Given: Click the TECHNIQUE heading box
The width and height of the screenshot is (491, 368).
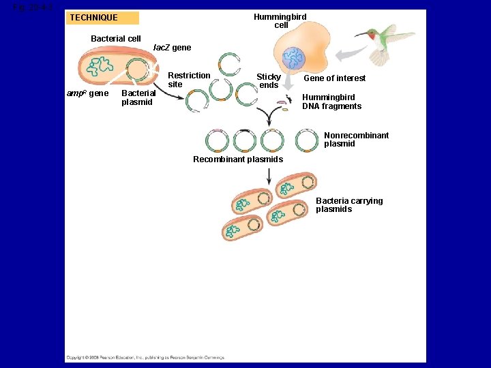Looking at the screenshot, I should [x=102, y=18].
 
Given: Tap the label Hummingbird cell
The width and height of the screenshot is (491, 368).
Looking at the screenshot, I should [x=280, y=21].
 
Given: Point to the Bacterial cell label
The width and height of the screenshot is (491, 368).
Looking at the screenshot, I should [x=116, y=39].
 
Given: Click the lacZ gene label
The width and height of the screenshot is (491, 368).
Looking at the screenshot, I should [x=172, y=48].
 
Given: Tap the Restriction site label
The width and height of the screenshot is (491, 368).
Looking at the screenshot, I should [x=189, y=80].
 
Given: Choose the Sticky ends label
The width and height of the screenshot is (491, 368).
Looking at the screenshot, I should [x=269, y=81].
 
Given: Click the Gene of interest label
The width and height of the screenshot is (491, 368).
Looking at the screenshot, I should [x=334, y=78].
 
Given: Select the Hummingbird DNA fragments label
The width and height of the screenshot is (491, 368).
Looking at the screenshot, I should [x=332, y=102].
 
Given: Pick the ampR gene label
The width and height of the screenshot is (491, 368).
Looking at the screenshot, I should [x=87, y=93].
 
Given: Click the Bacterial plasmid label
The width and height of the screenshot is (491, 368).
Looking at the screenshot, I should [x=138, y=97].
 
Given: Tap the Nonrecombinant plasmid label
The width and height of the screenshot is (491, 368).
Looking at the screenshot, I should [x=356, y=140].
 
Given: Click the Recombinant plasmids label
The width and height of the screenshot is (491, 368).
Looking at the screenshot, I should [x=238, y=159].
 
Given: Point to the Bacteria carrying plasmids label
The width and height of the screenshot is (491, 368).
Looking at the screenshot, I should [x=349, y=205].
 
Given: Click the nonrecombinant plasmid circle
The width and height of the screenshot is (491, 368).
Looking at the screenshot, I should [x=307, y=140].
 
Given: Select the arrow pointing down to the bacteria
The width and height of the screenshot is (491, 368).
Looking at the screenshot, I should [x=269, y=175].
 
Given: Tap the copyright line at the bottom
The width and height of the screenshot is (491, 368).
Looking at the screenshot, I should [x=145, y=357].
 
